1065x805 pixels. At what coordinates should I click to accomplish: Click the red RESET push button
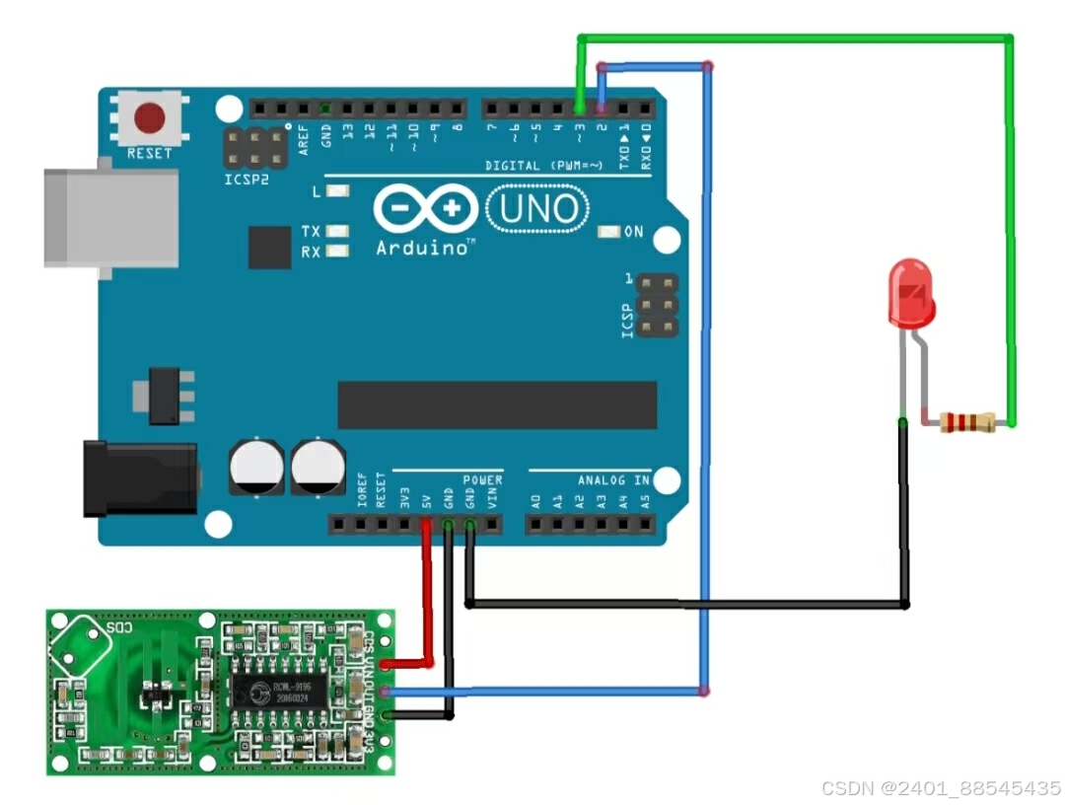point(150,119)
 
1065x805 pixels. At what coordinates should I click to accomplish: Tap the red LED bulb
point(910,293)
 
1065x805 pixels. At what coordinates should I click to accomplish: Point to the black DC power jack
point(138,478)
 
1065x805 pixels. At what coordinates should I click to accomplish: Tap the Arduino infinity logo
point(424,209)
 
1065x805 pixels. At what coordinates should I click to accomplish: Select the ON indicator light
point(608,232)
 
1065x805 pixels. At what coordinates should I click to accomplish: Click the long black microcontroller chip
point(497,405)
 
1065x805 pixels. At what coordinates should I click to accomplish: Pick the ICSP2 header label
point(246,181)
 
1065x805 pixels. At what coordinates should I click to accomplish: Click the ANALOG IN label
point(613,480)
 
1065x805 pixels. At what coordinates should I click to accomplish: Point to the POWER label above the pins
point(482,480)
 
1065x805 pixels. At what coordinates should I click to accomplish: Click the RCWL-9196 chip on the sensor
point(287,692)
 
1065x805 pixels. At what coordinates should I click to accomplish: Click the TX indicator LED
point(338,231)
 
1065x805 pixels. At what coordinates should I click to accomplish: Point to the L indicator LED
point(338,190)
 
